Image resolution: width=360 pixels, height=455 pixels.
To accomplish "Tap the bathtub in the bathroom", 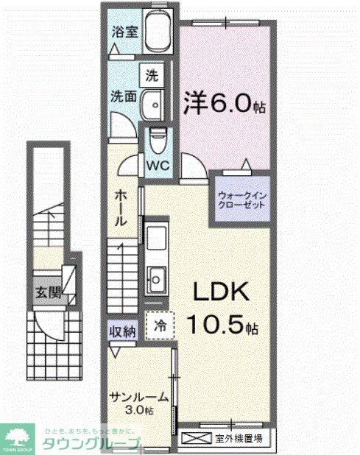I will [x=156, y=33].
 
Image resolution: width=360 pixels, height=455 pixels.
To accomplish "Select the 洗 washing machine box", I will [x=151, y=74].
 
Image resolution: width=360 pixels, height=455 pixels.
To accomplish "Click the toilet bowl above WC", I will [x=156, y=138].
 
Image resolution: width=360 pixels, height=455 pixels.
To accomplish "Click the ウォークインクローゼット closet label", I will [x=241, y=200].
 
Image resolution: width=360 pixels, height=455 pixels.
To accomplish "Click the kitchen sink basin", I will [x=157, y=278].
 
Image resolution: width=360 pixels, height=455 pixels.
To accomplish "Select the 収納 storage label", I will [x=123, y=331].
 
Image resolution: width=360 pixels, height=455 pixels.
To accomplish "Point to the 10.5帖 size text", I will [x=222, y=325].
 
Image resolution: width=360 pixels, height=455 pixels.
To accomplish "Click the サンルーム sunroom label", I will [x=138, y=398].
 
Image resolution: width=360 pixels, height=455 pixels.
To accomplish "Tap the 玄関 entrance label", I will [x=45, y=291].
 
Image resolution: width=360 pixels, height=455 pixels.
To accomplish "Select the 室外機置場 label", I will [x=239, y=439].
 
